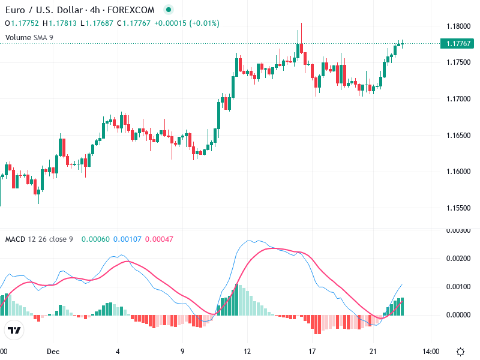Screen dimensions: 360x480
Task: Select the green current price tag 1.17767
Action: click(x=458, y=44)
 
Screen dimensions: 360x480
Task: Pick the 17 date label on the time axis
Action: click(x=311, y=352)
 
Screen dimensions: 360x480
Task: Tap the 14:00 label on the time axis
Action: click(x=431, y=352)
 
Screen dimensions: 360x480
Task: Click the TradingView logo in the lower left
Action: click(x=14, y=330)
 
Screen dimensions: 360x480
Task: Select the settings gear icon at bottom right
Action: click(x=461, y=352)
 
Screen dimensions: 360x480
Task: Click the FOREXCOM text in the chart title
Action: click(x=131, y=10)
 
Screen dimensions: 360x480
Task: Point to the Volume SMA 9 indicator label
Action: click(x=29, y=38)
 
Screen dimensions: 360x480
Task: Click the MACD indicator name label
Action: click(x=15, y=239)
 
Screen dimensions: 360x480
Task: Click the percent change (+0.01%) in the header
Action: click(x=205, y=23)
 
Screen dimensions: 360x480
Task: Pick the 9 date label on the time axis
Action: click(x=182, y=352)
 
